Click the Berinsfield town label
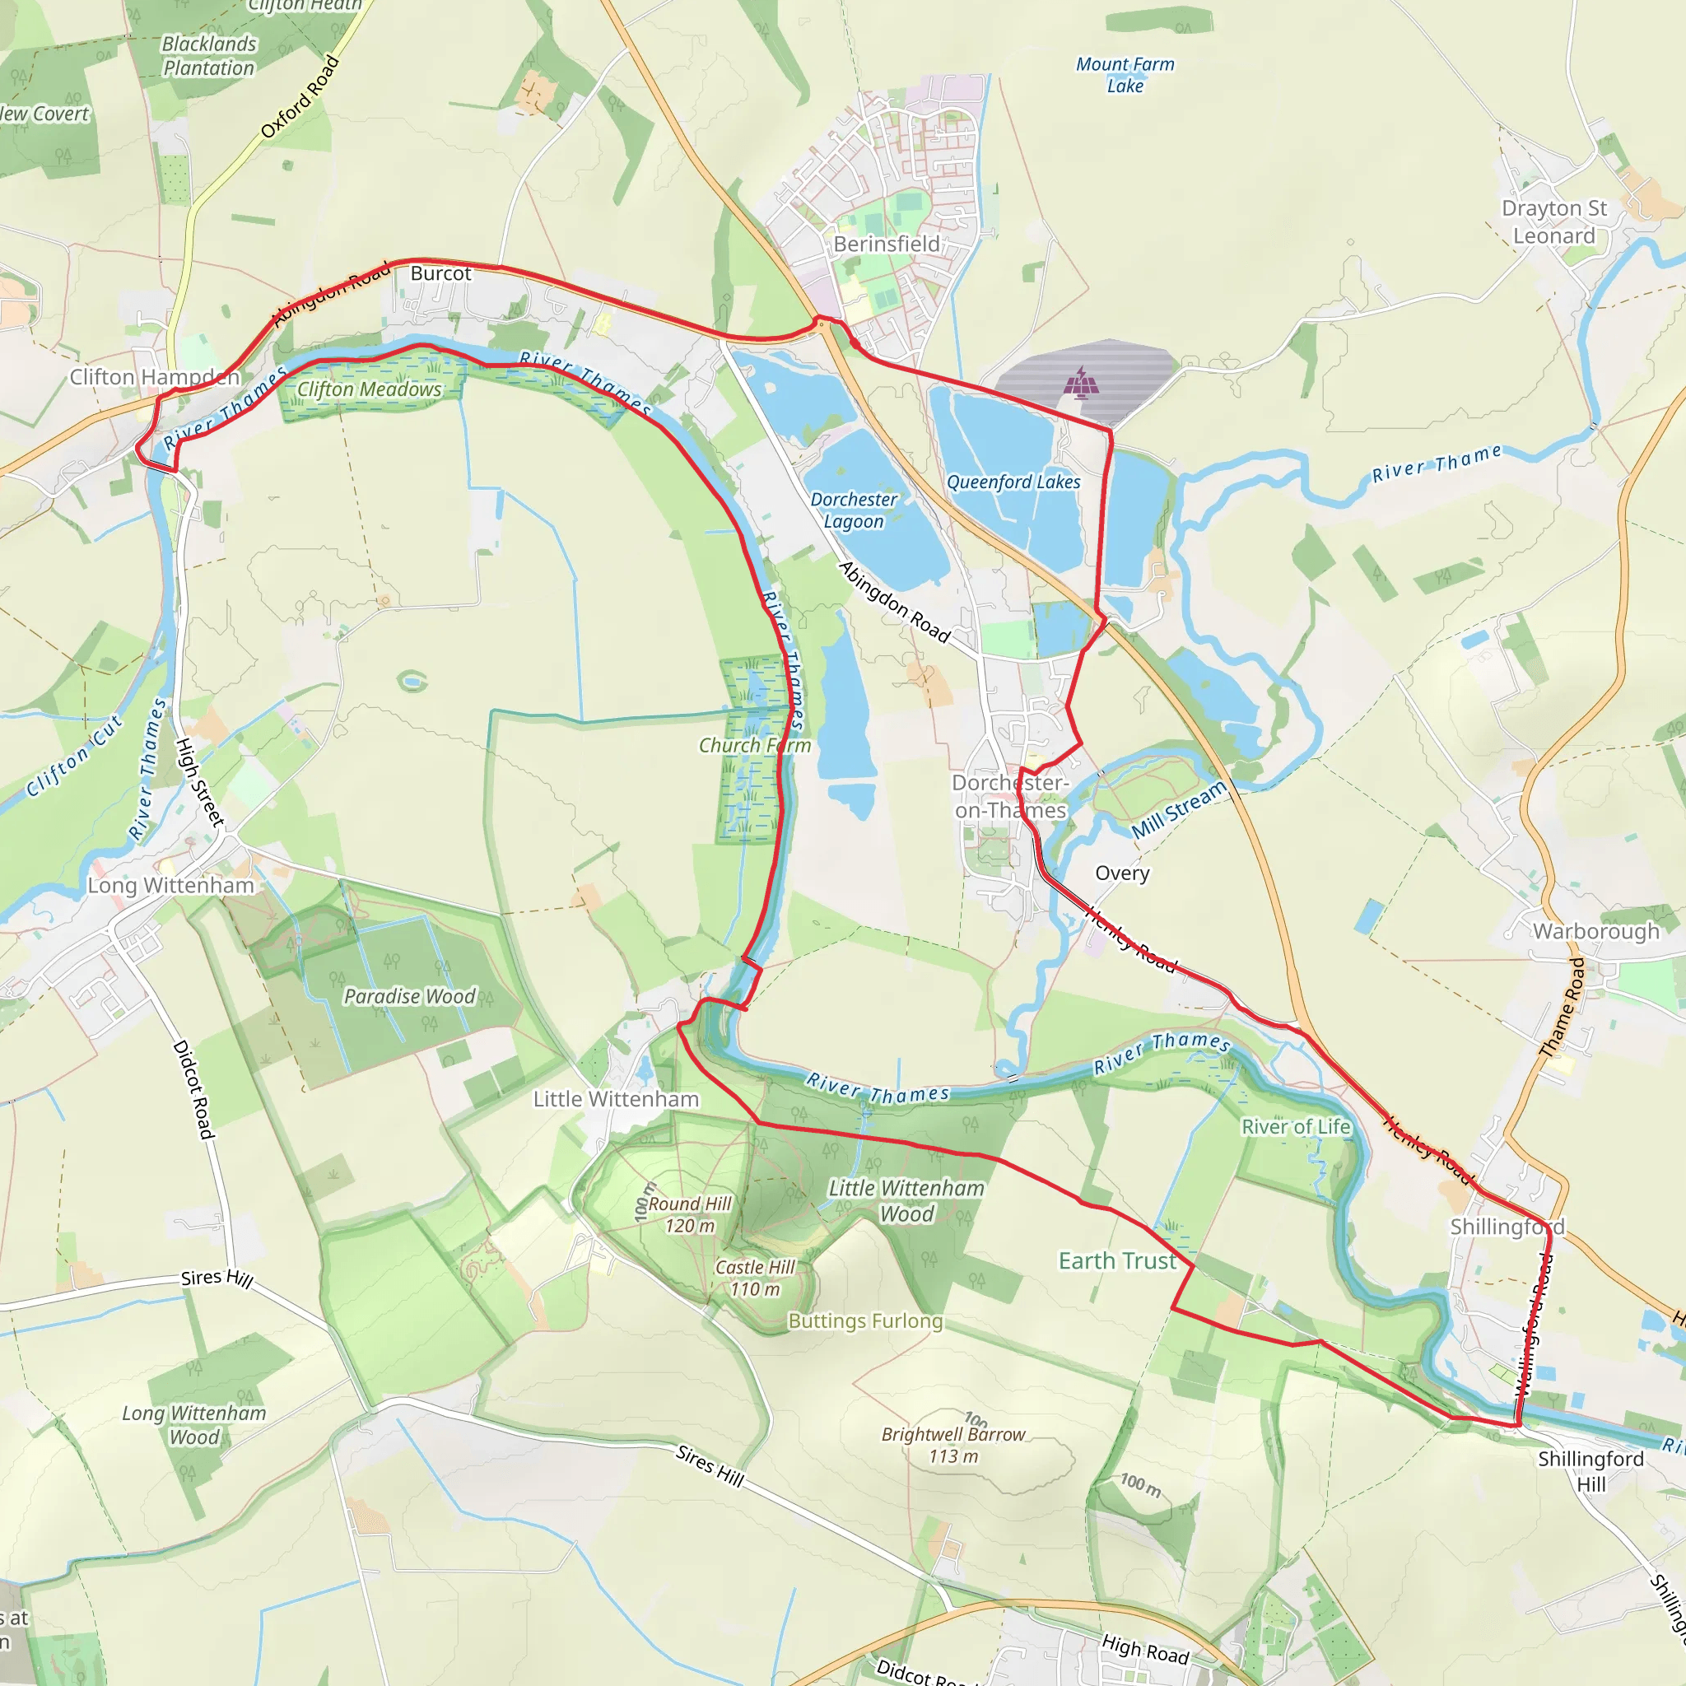[x=886, y=244]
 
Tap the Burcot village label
[x=440, y=273]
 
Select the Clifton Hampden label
[x=155, y=377]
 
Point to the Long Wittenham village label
[x=170, y=885]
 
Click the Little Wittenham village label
[x=615, y=1099]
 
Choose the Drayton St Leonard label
[x=1553, y=221]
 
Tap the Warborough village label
[x=1596, y=931]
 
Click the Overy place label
[x=1121, y=873]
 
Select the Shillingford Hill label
[x=1590, y=1471]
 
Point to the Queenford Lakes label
[x=1013, y=482]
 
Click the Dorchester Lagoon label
[x=853, y=510]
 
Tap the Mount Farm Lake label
[x=1125, y=75]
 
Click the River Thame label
[x=1437, y=463]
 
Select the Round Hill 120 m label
[x=688, y=1214]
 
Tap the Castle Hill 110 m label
[x=755, y=1278]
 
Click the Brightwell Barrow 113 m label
[x=953, y=1444]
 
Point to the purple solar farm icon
[x=1081, y=382]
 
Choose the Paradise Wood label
[x=409, y=996]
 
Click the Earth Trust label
[x=1117, y=1260]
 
